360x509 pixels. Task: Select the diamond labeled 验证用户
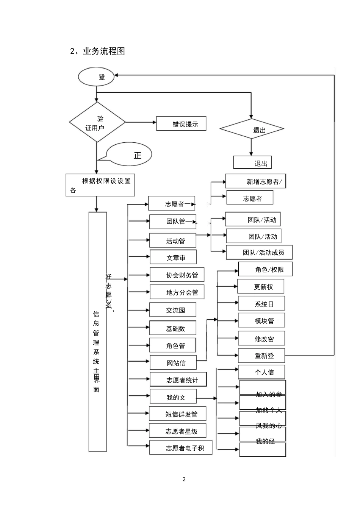(97, 122)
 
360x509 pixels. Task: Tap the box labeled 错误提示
(181, 124)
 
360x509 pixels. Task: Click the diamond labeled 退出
(252, 129)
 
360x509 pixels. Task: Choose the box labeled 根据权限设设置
(100, 185)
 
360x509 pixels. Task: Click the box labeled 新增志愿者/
(255, 181)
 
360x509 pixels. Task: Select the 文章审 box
(173, 257)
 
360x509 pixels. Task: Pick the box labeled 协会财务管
(177, 275)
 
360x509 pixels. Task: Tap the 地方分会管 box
(177, 292)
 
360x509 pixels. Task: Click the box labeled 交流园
(172, 310)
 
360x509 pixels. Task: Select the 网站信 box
(173, 362)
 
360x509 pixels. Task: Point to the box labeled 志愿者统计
(178, 379)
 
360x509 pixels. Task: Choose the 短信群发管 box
(178, 414)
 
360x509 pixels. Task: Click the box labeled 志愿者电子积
(181, 448)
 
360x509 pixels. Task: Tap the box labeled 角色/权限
(265, 269)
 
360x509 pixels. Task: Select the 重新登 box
(261, 355)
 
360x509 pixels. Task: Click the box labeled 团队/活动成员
(259, 252)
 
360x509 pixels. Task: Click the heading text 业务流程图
(104, 51)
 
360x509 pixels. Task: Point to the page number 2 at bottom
(184, 479)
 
